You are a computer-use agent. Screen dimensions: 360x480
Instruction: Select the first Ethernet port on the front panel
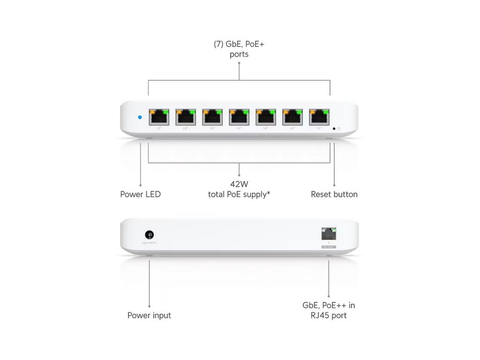click(159, 117)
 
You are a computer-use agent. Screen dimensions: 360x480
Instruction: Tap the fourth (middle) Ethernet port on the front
click(239, 117)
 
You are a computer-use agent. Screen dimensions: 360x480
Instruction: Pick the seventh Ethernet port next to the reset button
click(319, 117)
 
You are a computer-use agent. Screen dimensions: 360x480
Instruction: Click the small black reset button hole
click(334, 128)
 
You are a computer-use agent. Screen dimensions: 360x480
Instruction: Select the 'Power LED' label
click(140, 194)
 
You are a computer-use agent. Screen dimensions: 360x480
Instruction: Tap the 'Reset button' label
click(334, 194)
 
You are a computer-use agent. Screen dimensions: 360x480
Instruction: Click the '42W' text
click(239, 184)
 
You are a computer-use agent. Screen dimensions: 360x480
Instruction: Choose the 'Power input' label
click(149, 315)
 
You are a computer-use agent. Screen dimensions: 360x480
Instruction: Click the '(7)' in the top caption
click(218, 45)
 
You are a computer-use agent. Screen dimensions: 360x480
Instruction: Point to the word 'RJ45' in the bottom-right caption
click(320, 315)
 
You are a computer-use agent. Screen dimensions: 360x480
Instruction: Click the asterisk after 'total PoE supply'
click(269, 193)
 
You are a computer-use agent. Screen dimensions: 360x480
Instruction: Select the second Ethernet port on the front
click(186, 117)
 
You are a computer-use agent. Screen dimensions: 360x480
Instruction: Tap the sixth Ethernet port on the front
click(292, 117)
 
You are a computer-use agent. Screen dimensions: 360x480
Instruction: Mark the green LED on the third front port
click(219, 112)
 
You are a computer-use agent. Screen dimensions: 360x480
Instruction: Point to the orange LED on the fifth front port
click(259, 112)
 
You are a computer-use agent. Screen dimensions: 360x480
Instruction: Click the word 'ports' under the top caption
click(239, 54)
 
